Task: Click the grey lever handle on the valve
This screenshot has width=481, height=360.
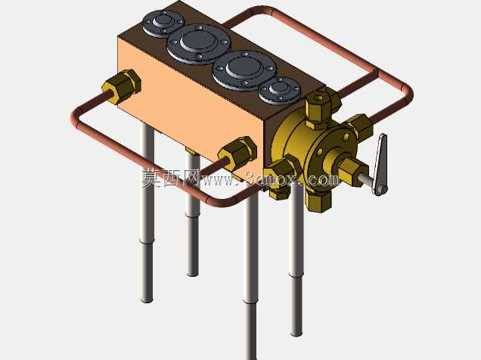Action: tap(380, 166)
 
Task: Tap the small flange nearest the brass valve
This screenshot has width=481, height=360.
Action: tap(280, 91)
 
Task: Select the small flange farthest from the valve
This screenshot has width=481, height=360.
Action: tap(163, 23)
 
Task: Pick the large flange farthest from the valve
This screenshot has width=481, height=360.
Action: tap(199, 44)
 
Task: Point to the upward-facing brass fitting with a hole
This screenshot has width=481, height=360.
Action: tap(319, 110)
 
